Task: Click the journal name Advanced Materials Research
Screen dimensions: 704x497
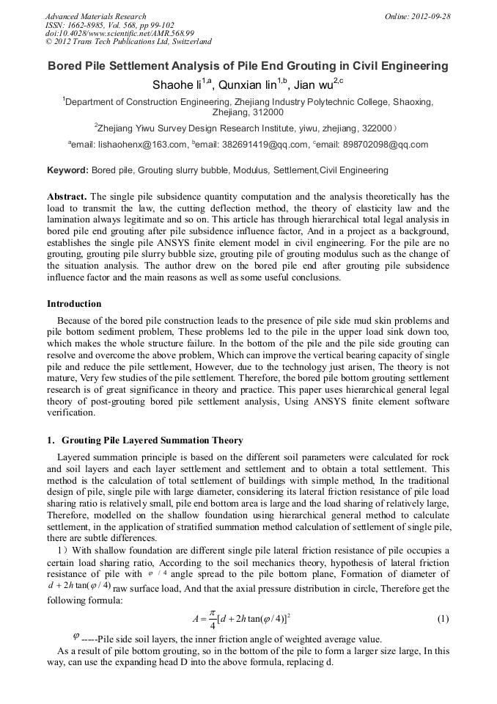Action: click(x=95, y=16)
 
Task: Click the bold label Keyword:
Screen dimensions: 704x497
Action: click(x=68, y=170)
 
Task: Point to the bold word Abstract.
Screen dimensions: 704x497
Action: click(x=67, y=197)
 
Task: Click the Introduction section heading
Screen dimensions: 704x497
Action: click(x=74, y=304)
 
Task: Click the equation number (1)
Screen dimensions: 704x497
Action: click(x=442, y=619)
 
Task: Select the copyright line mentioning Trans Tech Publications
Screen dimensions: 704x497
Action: click(x=128, y=42)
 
